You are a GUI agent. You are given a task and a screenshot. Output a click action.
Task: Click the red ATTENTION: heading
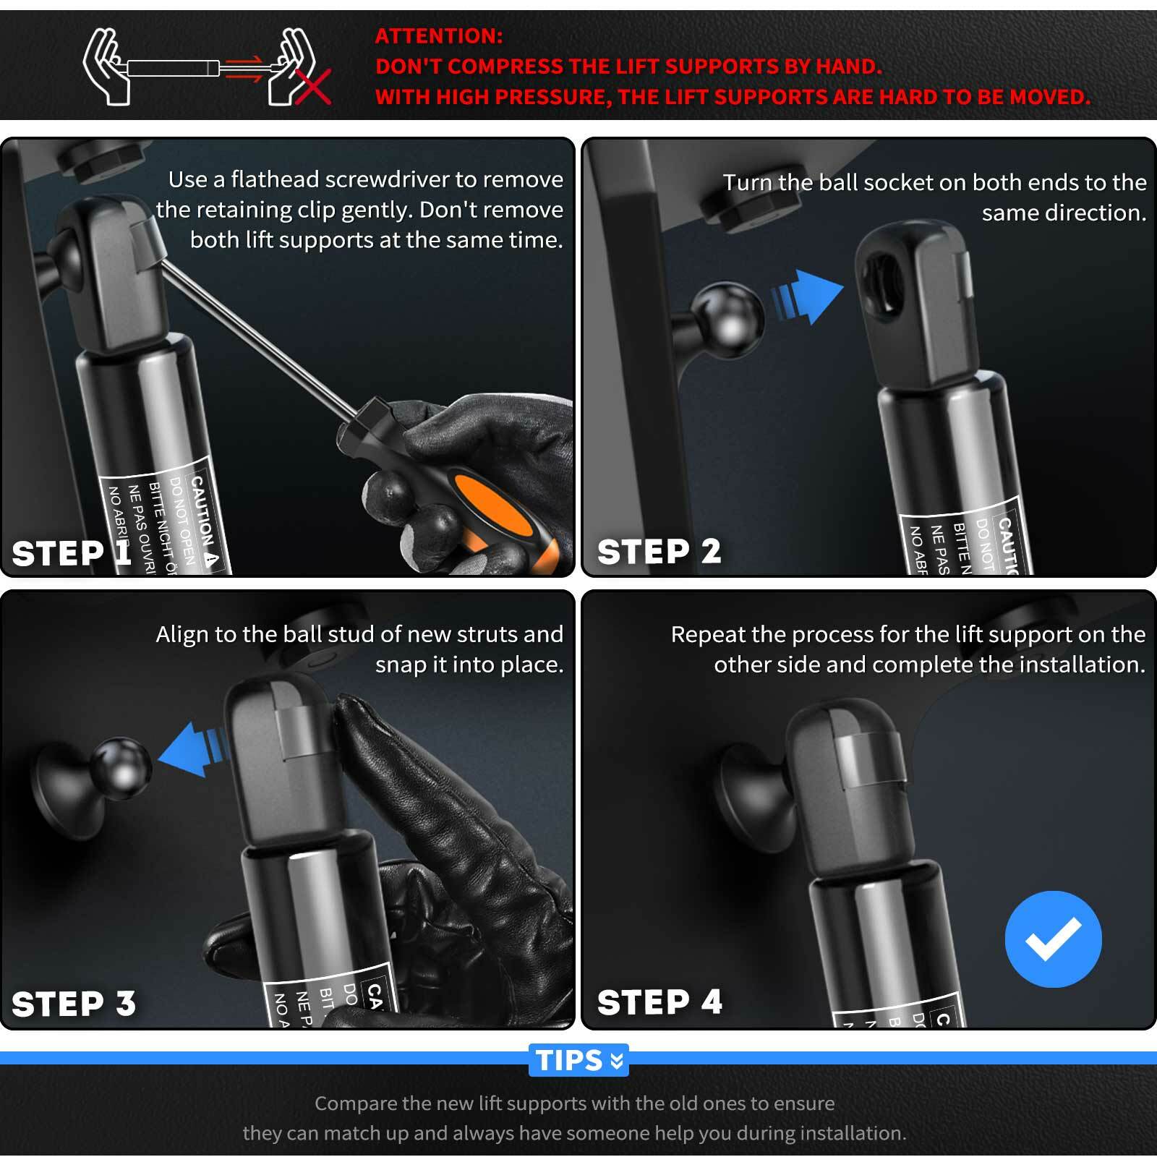[x=439, y=36]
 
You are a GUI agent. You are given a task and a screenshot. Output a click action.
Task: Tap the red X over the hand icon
[x=312, y=87]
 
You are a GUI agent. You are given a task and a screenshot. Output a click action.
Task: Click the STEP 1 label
[x=71, y=553]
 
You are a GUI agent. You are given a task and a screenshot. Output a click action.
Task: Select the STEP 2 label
[x=659, y=552]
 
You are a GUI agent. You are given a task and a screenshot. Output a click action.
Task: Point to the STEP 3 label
[x=74, y=1004]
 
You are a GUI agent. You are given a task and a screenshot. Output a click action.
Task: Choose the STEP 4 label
[x=659, y=1002]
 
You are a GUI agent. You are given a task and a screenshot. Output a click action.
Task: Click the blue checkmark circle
[x=1053, y=939]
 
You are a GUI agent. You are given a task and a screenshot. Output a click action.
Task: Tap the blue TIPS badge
[x=578, y=1060]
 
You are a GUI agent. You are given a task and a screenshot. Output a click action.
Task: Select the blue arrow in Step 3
[x=190, y=748]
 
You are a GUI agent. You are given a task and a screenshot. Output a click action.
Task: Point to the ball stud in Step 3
[x=122, y=767]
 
